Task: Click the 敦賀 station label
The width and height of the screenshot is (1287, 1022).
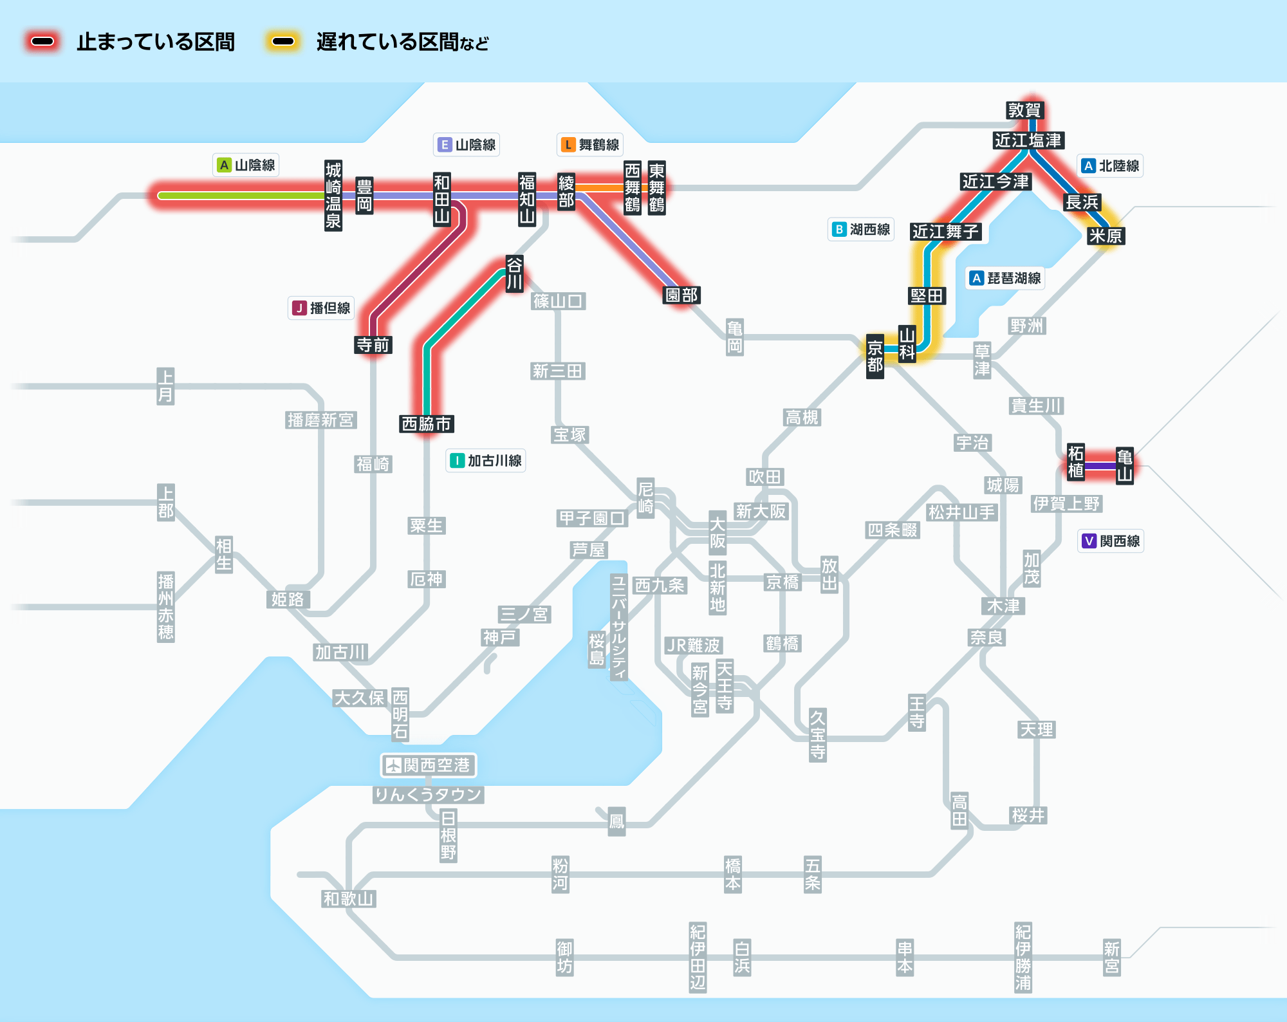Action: tap(1024, 110)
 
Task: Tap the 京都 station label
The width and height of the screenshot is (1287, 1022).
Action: tap(875, 357)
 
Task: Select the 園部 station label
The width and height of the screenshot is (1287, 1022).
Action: tap(681, 295)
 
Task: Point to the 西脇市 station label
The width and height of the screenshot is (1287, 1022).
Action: tap(426, 423)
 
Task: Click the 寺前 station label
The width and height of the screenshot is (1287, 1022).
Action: tap(373, 345)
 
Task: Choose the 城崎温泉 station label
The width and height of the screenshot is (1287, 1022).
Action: tap(333, 196)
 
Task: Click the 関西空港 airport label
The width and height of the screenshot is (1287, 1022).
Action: tap(429, 765)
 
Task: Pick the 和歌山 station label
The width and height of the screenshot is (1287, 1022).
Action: tap(348, 898)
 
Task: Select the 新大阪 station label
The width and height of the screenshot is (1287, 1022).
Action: tap(761, 511)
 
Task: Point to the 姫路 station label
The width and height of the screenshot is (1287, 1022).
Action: tap(287, 599)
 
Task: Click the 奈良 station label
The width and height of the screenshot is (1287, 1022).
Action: tap(986, 637)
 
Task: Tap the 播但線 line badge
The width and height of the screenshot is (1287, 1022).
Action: tap(321, 308)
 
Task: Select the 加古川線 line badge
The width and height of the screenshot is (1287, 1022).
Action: tap(486, 461)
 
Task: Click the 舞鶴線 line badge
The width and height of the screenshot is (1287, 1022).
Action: tap(590, 145)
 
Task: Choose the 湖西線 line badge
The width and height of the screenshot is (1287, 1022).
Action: tap(861, 230)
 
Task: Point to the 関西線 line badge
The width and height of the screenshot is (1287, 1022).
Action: tap(1111, 541)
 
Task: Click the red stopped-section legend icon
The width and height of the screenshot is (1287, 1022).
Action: tap(42, 42)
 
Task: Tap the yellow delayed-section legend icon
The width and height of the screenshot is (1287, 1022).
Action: tap(282, 42)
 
